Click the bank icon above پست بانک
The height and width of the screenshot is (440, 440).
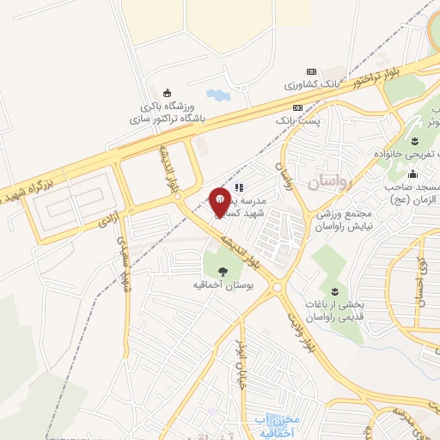click(298, 107)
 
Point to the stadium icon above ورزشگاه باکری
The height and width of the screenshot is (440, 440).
click(168, 93)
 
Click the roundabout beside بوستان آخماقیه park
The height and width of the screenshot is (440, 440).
click(278, 288)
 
